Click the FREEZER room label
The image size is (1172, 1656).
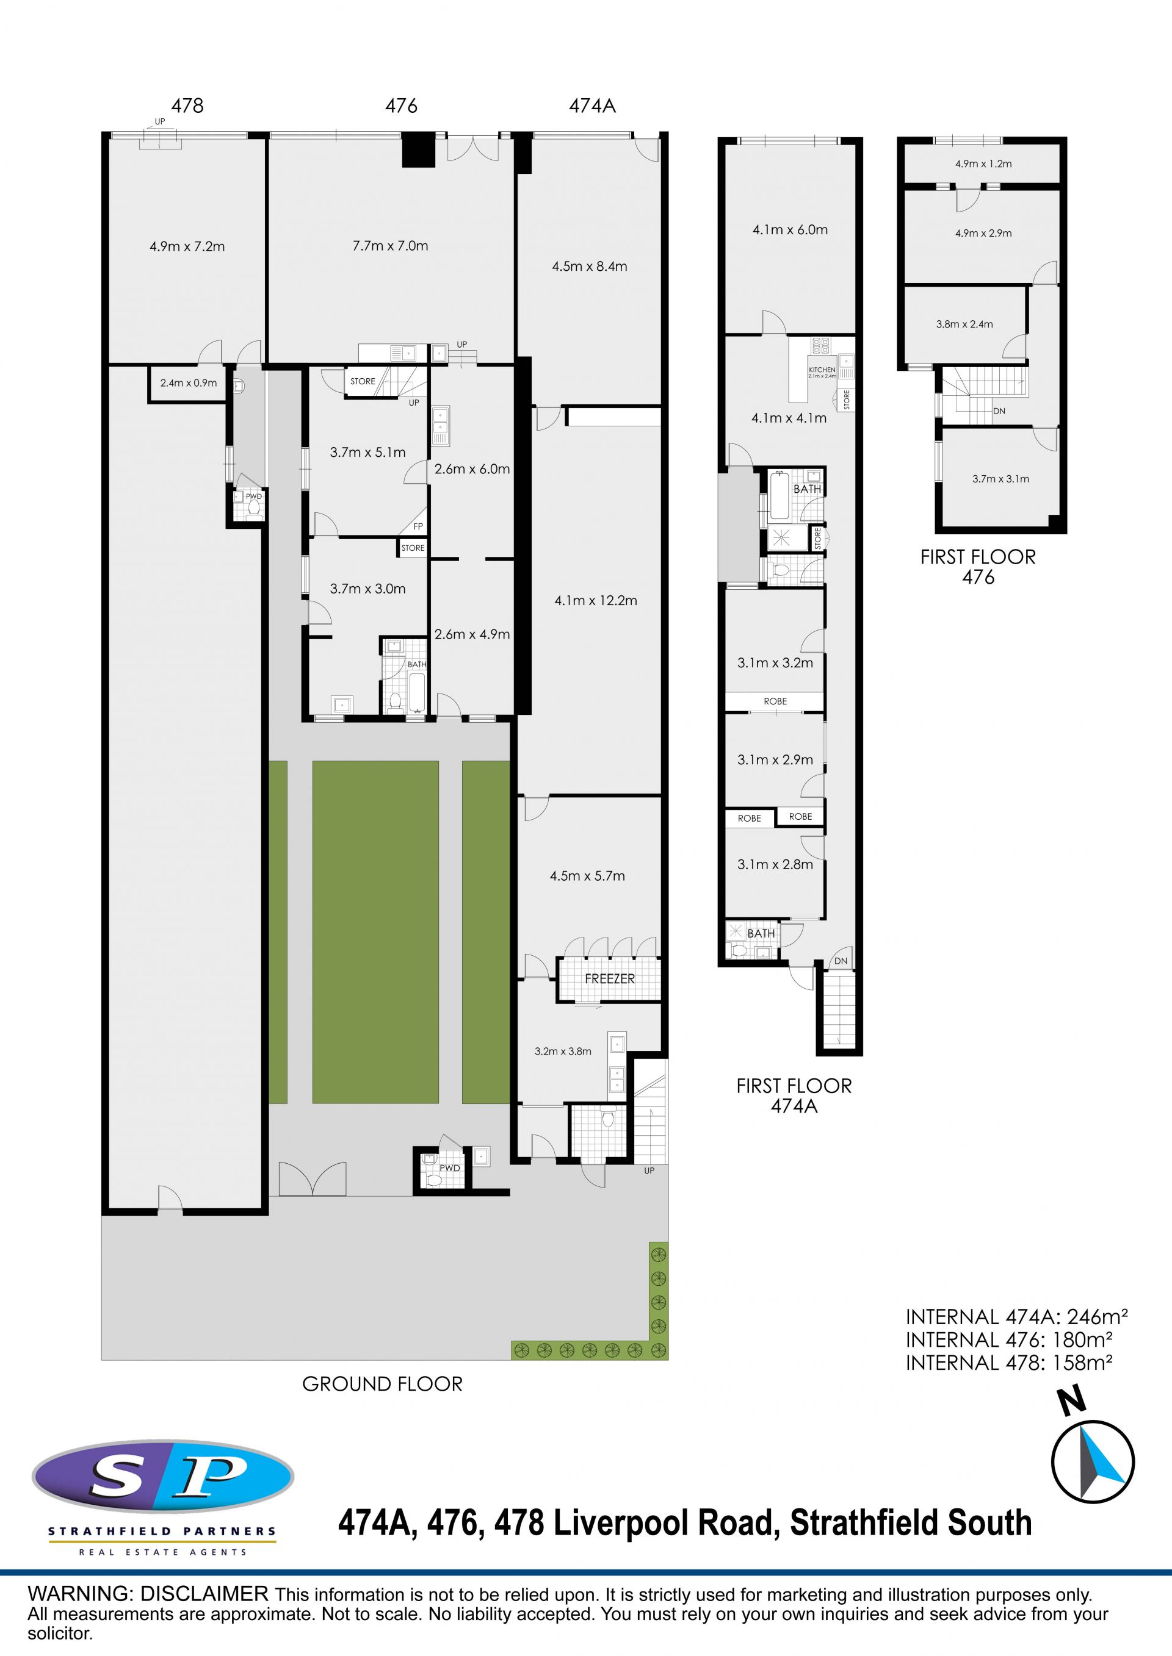[x=610, y=979]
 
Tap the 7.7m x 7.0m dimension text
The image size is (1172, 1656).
[x=391, y=246]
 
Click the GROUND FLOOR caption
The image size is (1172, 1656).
[x=383, y=1383]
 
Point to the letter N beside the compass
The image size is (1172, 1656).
[x=1073, y=1400]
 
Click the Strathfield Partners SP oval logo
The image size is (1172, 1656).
[x=163, y=1477]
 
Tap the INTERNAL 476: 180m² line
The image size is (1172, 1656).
[x=1009, y=1339]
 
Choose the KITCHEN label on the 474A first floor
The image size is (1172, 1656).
[x=822, y=369]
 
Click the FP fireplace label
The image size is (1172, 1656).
[x=418, y=526]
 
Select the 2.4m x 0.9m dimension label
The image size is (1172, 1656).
[x=189, y=383]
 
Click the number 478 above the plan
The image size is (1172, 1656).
[x=187, y=106]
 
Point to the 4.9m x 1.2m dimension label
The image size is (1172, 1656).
[x=983, y=163]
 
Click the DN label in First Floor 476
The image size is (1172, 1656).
[x=999, y=411]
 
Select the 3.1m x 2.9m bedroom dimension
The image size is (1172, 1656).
[x=775, y=759]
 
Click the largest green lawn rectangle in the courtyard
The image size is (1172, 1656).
[x=375, y=932]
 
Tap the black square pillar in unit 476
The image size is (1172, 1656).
[x=419, y=151]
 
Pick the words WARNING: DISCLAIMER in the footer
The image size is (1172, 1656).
[x=148, y=1594]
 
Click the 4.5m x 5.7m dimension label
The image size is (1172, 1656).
[x=587, y=876]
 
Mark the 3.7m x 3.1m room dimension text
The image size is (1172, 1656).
[x=1000, y=479]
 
